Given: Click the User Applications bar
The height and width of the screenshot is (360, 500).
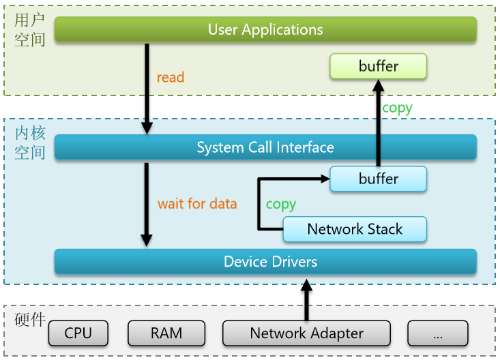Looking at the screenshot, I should click(265, 30).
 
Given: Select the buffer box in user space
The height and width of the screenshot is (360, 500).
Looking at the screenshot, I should click(379, 66).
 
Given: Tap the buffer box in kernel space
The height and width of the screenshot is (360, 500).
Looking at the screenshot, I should click(379, 179).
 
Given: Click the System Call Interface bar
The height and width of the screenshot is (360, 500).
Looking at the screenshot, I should click(265, 147).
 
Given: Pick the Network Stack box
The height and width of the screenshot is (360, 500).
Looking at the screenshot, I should click(355, 229).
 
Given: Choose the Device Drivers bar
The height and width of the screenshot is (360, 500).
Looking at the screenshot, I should click(265, 262).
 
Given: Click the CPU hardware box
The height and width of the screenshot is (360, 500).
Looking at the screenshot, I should click(78, 333).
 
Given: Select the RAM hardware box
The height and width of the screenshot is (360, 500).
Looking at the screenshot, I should click(166, 333).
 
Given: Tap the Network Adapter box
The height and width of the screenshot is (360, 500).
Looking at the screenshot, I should click(306, 333).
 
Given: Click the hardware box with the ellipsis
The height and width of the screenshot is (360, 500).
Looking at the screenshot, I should click(437, 333).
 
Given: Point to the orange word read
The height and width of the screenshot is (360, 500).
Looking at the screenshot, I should click(171, 77).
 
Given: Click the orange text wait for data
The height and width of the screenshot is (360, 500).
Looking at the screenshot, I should click(197, 203).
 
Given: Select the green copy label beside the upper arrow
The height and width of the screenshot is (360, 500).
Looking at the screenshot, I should click(397, 107).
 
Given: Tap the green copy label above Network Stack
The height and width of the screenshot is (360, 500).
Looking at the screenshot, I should click(280, 204).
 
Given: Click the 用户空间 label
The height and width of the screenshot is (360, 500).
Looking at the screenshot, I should click(30, 29).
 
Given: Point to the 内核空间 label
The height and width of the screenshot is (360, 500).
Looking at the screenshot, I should click(30, 142).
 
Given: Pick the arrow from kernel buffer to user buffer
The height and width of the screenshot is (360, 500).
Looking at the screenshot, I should click(378, 123).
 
